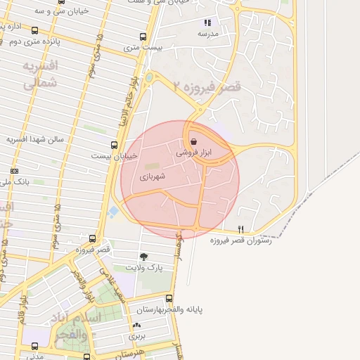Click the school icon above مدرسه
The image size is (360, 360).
click(207, 22)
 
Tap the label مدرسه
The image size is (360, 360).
click(208, 34)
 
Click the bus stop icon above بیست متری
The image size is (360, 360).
click(143, 37)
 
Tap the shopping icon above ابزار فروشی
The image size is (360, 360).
click(193, 141)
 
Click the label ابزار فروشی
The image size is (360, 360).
click(202, 152)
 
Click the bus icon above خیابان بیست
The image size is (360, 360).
click(115, 146)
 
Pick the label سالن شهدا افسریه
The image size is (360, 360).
click(35, 139)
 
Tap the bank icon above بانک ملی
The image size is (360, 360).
click(14, 171)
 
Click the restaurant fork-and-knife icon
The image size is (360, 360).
click(240, 229)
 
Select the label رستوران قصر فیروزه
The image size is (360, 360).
click(239, 240)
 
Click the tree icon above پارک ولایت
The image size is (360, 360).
click(144, 257)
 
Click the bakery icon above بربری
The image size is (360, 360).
click(136, 325)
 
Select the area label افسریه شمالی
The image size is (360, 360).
click(39, 75)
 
